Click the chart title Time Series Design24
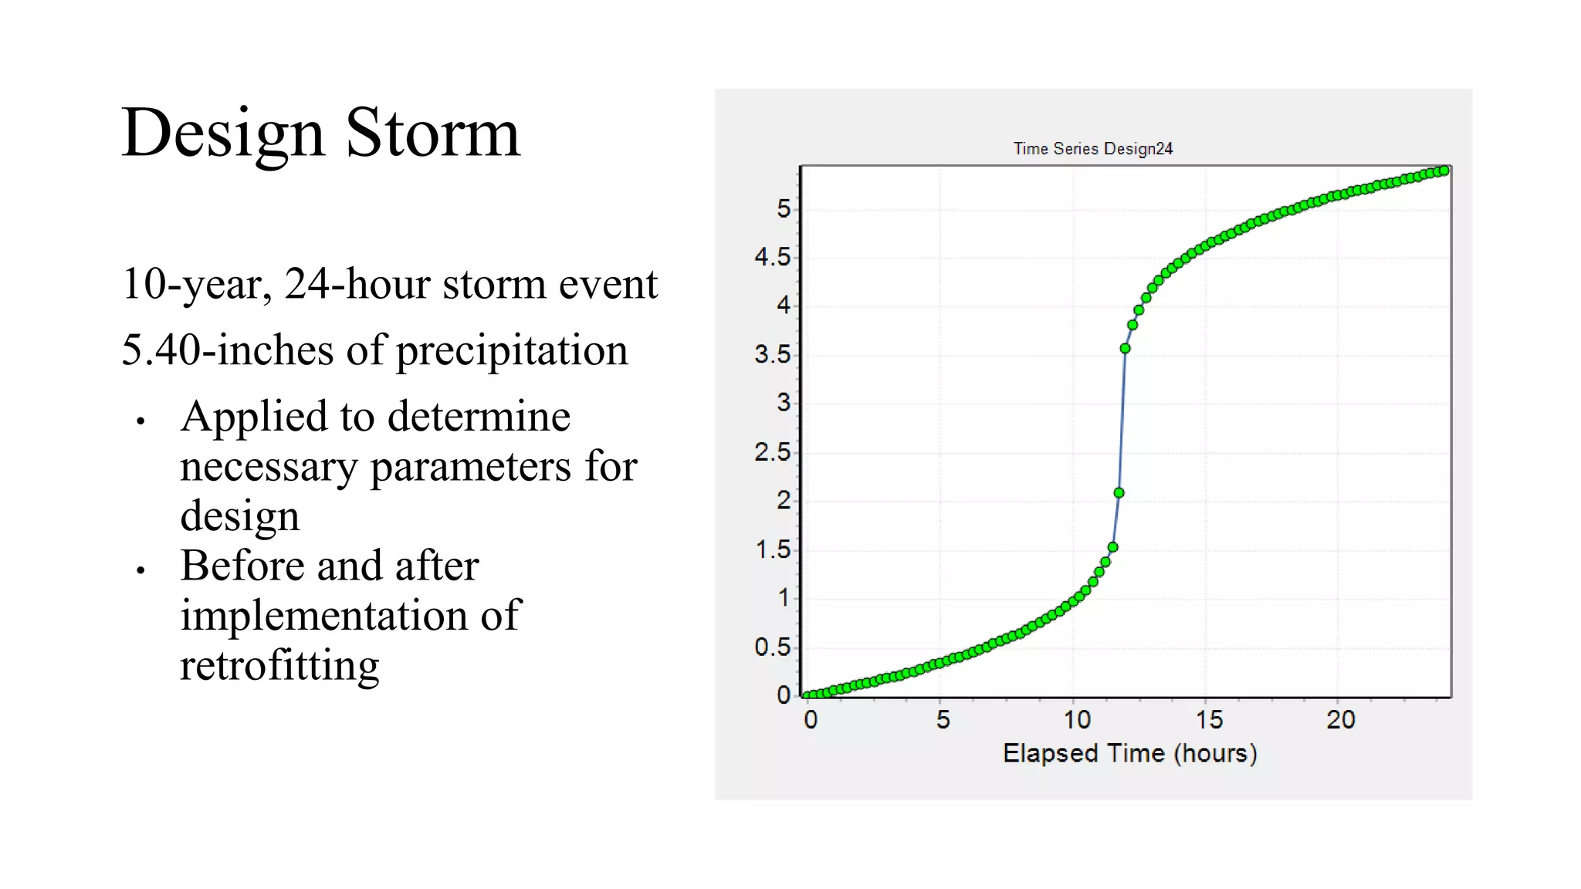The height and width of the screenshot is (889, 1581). coord(1092,149)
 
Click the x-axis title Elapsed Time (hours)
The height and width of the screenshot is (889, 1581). coord(1129,753)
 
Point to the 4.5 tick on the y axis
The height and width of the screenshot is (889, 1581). coord(773,257)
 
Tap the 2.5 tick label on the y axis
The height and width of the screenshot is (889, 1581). coord(773,452)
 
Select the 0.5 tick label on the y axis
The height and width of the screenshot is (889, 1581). coord(773,647)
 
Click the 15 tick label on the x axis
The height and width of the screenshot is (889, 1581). coord(1209,720)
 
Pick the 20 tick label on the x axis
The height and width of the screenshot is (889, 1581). coord(1341,720)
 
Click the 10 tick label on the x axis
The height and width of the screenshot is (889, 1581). coord(1076,720)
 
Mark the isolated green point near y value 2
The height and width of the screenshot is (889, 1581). coord(1119,493)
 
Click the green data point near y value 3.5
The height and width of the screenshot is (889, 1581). coord(1126,349)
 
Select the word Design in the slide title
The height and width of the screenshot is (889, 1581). coord(222,133)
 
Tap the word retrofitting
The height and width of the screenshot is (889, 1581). coord(279,665)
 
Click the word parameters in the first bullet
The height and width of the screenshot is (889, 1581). coord(471,467)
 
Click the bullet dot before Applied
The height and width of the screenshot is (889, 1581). coord(140,421)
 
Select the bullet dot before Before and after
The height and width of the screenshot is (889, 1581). coord(140,571)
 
